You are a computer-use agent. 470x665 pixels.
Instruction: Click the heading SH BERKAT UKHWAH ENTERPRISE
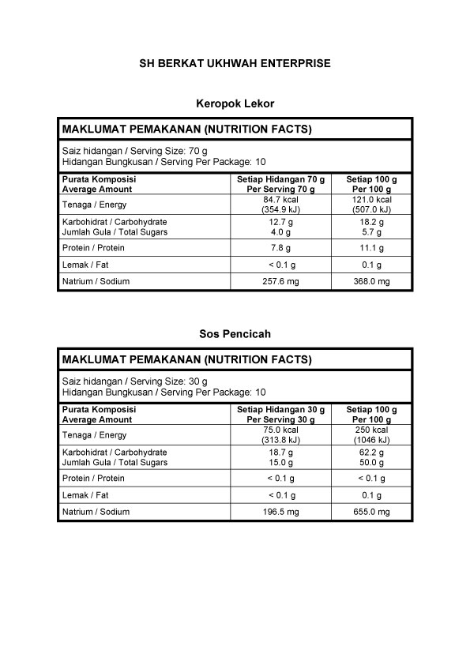pyautogui.click(x=235, y=63)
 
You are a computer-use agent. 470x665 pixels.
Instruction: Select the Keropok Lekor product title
pyautogui.click(x=235, y=103)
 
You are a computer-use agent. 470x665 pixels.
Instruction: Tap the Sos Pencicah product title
pyautogui.click(x=235, y=334)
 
